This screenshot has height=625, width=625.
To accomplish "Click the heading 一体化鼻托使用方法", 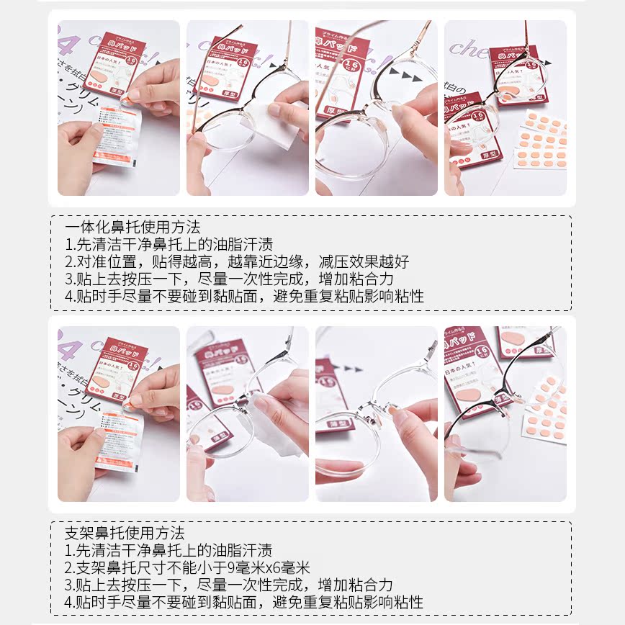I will pyautogui.click(x=132, y=228).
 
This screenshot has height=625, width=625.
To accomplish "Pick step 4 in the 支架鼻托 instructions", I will pyautogui.click(x=244, y=602).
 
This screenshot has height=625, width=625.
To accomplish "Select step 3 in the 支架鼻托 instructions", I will pyautogui.click(x=229, y=585).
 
